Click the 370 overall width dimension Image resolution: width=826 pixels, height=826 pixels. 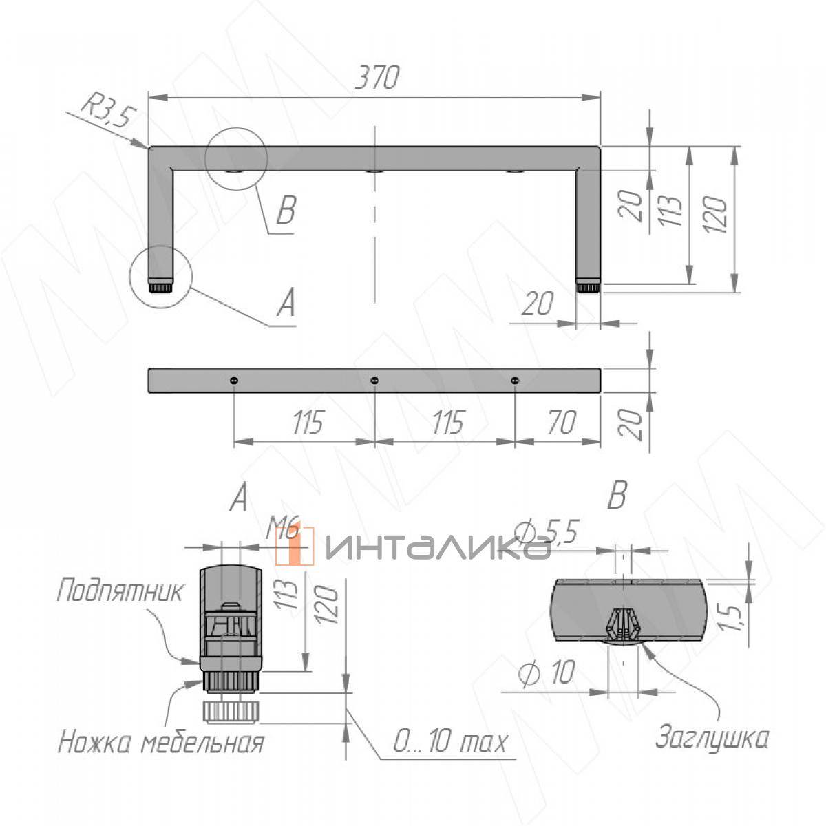377,78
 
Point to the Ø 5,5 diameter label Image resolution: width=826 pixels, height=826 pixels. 547,532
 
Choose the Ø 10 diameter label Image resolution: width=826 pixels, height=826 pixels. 546,672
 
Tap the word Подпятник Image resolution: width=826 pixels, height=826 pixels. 120,591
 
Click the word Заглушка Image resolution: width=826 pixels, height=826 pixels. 712,738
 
